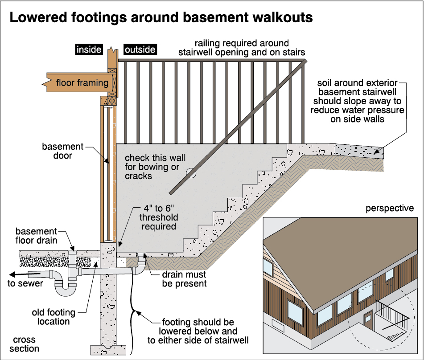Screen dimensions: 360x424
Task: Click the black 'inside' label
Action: point(89,49)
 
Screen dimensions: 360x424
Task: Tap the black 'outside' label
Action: point(140,49)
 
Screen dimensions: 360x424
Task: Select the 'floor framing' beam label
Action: point(82,82)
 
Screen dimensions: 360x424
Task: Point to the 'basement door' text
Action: point(63,151)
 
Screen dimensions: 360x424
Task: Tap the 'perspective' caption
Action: point(389,209)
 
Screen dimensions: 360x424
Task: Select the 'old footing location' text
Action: point(54,317)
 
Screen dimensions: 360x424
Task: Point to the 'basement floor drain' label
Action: point(37,236)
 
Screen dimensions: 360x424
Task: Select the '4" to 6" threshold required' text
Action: point(159,217)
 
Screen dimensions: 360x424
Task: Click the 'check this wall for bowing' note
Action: point(155,167)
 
